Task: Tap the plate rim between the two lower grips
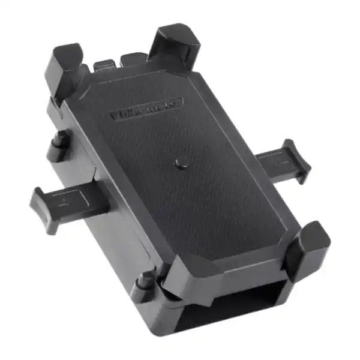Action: pos(234,264)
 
